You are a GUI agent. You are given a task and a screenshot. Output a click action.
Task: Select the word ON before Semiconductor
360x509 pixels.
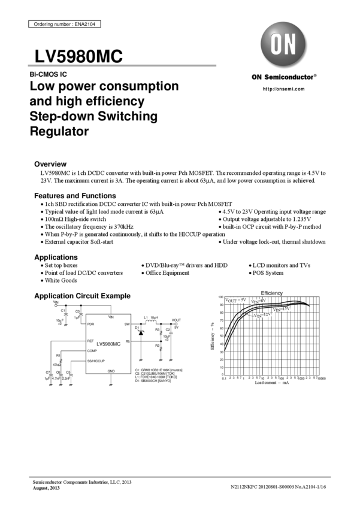click(x=256, y=77)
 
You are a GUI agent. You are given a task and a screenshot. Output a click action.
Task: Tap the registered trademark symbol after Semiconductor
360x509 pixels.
click(x=316, y=75)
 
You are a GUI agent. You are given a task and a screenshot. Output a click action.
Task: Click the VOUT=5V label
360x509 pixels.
click(x=235, y=300)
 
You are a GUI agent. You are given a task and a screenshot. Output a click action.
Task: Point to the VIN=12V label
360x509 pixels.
click(x=262, y=314)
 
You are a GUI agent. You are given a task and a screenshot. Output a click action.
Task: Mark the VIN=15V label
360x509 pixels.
click(x=282, y=310)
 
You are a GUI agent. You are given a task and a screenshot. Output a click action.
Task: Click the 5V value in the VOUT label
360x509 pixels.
click(x=243, y=300)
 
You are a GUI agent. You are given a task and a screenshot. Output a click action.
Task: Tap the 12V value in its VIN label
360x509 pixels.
click(x=267, y=313)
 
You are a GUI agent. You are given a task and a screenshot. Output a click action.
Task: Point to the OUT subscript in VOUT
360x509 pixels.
click(x=233, y=301)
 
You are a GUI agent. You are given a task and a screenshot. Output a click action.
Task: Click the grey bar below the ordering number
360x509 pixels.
click(x=122, y=65)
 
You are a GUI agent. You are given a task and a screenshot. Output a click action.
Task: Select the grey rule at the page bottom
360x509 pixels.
click(x=180, y=477)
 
